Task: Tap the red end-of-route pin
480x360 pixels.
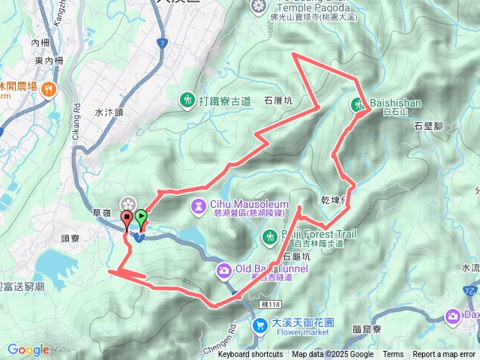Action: [x=127, y=219]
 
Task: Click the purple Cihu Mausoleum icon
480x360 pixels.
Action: [x=198, y=205]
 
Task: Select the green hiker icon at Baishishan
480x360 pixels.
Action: [x=358, y=104]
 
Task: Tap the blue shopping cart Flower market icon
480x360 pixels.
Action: [x=259, y=325]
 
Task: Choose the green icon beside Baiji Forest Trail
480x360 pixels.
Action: [x=270, y=238]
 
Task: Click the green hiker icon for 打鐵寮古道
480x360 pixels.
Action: [x=187, y=99]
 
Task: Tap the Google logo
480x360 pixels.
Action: [x=28, y=350]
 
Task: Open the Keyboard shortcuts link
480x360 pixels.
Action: [x=250, y=355]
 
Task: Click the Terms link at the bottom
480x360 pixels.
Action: [x=393, y=355]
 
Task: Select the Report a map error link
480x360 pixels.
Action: [x=443, y=355]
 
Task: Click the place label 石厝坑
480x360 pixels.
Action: [x=278, y=99]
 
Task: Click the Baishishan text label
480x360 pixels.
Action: [x=395, y=103]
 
